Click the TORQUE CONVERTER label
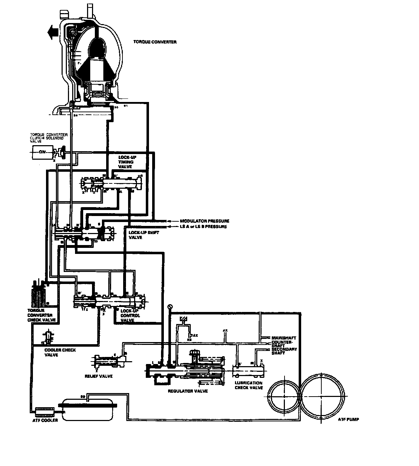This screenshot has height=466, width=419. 155,42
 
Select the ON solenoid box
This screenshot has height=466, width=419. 42,153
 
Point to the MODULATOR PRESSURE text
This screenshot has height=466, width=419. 202,221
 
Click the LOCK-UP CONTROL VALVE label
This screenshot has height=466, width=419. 130,316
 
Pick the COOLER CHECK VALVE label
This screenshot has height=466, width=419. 60,352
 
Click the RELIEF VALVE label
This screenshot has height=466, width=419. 101,376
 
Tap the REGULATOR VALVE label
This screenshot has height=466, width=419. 188,391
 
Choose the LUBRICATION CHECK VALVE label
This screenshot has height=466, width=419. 249,385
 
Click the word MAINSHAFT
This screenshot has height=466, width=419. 282,338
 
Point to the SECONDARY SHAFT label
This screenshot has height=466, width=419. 284,351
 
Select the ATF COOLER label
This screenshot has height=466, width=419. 44,420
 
